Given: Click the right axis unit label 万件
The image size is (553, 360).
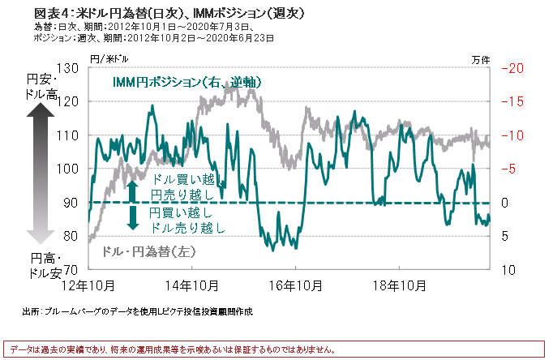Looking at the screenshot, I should point(481,58).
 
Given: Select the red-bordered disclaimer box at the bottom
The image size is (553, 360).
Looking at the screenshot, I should point(276,349).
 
